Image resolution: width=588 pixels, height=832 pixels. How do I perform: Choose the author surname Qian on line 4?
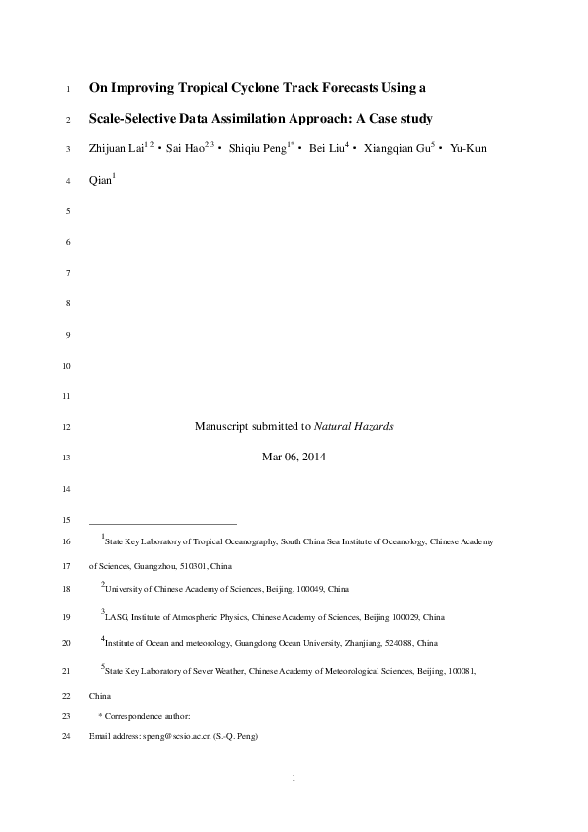coord(100,181)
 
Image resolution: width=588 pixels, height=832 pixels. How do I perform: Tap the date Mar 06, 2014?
coord(294,457)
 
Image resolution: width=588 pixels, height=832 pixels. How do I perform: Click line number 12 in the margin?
coord(66,427)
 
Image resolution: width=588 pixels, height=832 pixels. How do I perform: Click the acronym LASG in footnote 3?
coord(116,617)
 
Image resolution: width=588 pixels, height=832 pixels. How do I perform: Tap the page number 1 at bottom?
coord(294,779)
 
